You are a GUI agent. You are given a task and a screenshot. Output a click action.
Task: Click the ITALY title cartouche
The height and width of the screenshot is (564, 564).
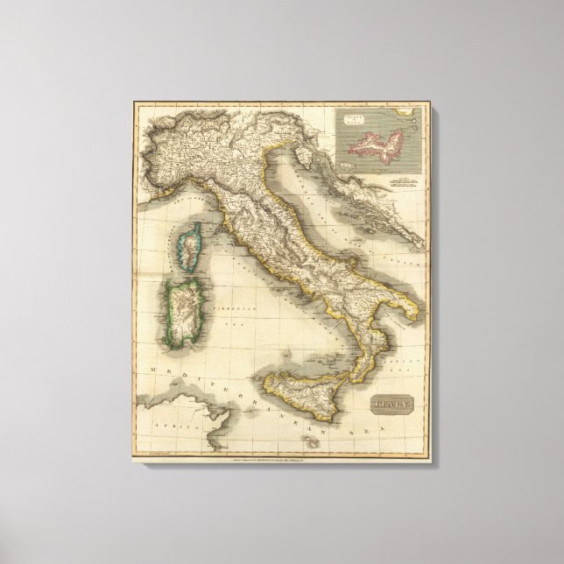[391, 405]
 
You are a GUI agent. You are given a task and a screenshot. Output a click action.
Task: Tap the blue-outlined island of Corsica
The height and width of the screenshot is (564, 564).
[188, 243]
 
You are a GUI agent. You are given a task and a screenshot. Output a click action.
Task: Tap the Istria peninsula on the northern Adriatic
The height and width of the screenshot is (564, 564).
[306, 159]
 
